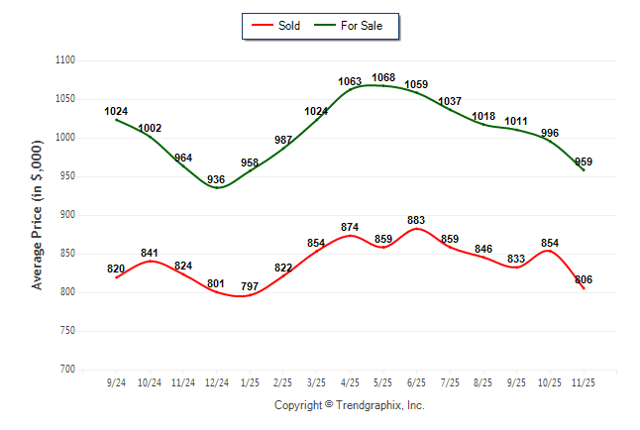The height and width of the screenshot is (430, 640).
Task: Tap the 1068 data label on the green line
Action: pos(383,77)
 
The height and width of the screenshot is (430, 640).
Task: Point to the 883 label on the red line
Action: pos(416,220)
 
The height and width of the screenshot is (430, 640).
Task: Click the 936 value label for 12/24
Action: pos(217,179)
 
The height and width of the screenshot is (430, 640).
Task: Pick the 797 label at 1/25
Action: pos(250,287)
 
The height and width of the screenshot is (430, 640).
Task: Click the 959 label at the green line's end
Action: pos(583,161)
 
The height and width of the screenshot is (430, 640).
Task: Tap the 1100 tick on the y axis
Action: pos(66,60)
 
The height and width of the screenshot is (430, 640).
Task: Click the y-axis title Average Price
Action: pos(38,215)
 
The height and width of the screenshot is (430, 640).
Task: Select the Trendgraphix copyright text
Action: pos(349,405)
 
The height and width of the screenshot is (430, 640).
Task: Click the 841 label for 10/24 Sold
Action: pos(150,253)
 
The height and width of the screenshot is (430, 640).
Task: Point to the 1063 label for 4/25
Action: pos(350,81)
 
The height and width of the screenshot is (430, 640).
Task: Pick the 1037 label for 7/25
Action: pos(450,101)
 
